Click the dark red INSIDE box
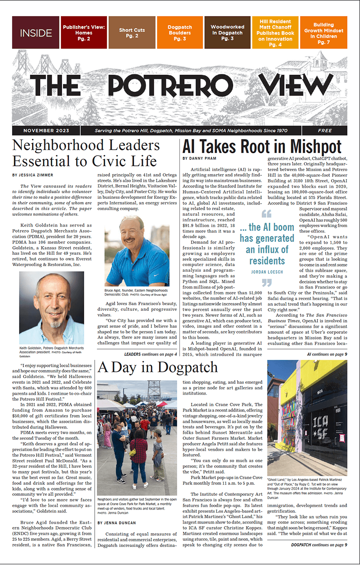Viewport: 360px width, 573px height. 36,33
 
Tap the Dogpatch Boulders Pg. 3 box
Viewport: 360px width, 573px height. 179,33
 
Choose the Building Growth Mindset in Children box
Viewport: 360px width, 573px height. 324,33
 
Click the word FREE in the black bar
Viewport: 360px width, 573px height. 325,131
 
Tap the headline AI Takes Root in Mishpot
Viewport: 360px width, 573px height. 262,147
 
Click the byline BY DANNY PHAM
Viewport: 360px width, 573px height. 200,158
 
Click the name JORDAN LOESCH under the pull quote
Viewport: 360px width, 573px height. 267,272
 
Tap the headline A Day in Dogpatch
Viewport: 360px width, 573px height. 158,368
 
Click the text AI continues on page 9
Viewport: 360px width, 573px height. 327,354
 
